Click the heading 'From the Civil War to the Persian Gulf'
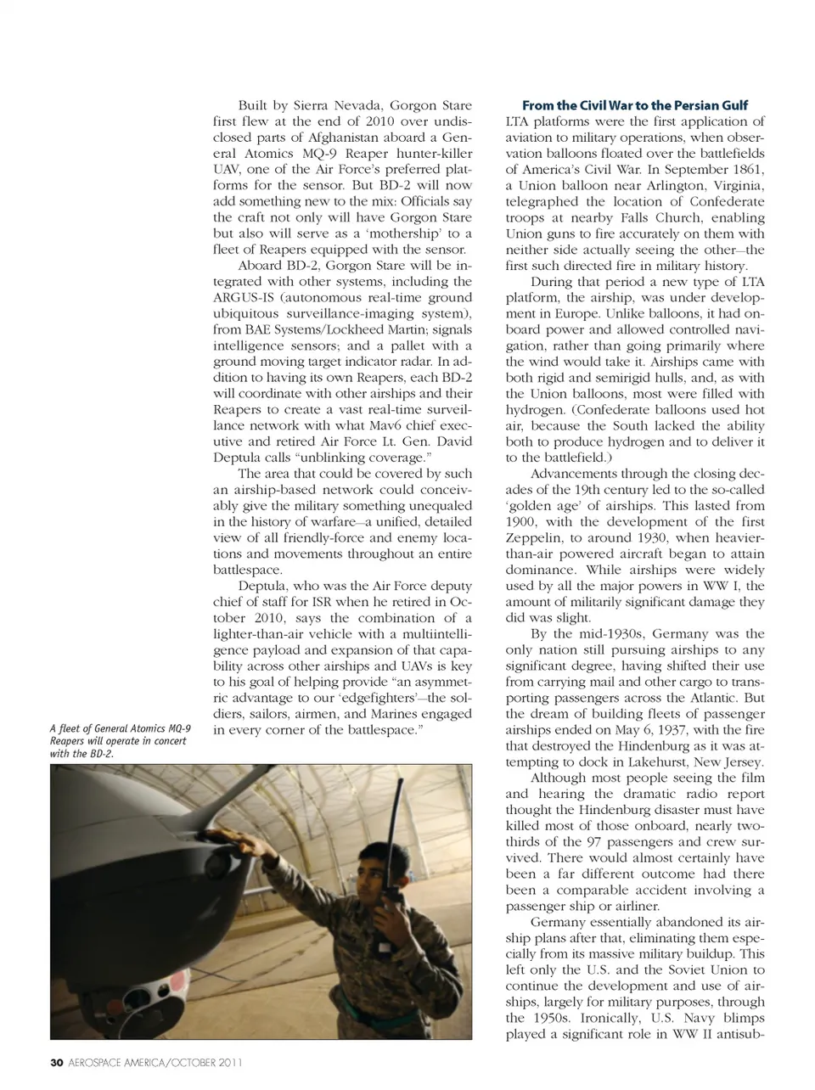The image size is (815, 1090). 634,105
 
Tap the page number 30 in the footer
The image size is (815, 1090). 57,1062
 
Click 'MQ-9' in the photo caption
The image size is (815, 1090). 176,728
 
